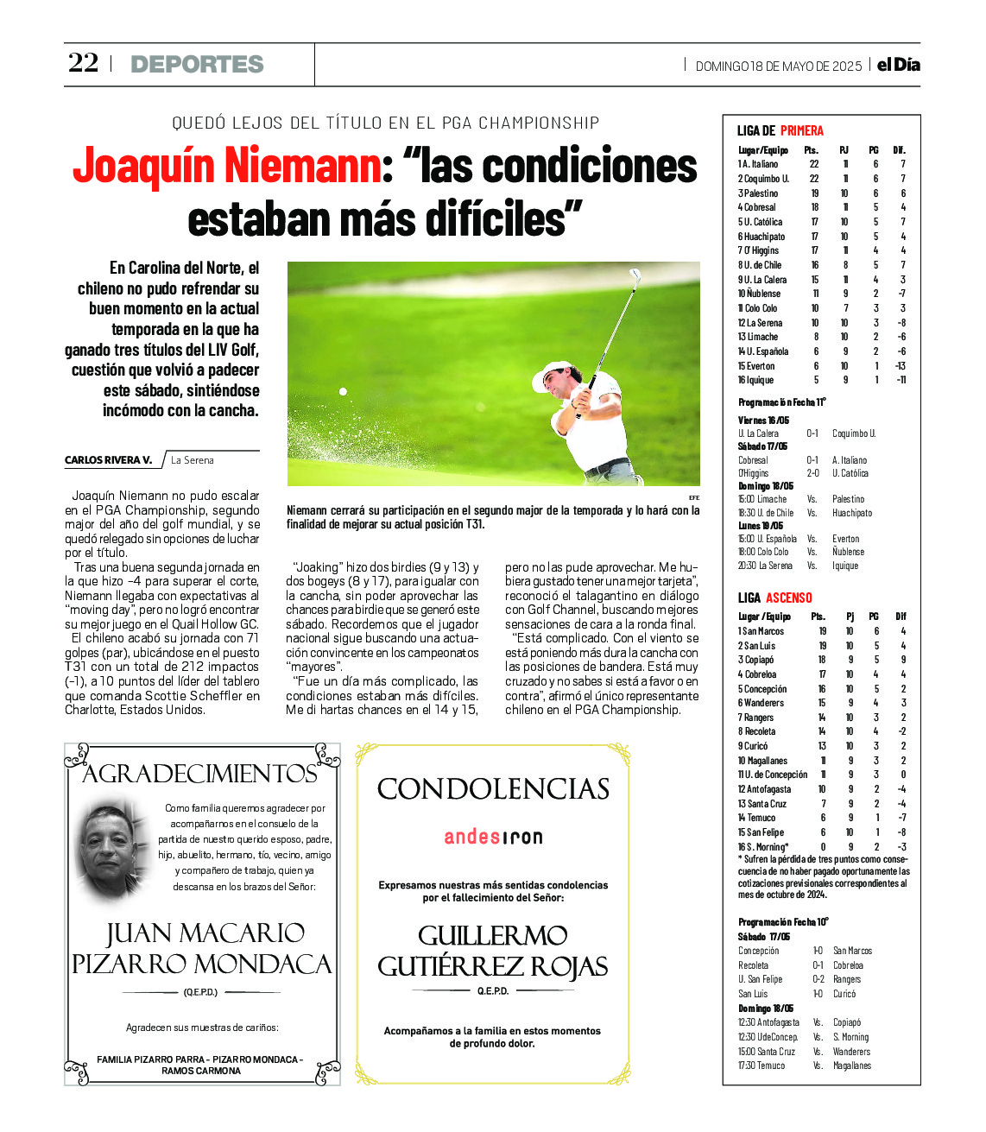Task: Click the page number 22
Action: [x=84, y=63]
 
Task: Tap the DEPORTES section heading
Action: [x=197, y=64]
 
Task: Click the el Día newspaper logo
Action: [x=898, y=65]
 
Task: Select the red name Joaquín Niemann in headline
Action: [x=227, y=166]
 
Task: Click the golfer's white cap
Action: [x=553, y=373]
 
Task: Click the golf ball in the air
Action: [x=343, y=392]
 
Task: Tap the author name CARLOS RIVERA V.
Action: [x=108, y=460]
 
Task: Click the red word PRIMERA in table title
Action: [x=801, y=131]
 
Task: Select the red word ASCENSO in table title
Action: [x=788, y=598]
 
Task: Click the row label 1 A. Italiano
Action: [x=758, y=164]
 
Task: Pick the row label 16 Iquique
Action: [x=755, y=380]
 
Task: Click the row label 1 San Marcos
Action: [x=761, y=631]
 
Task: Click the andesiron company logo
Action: [x=493, y=837]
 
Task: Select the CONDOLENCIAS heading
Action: [x=493, y=789]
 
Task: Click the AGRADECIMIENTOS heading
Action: [x=199, y=774]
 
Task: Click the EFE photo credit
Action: [x=693, y=498]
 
